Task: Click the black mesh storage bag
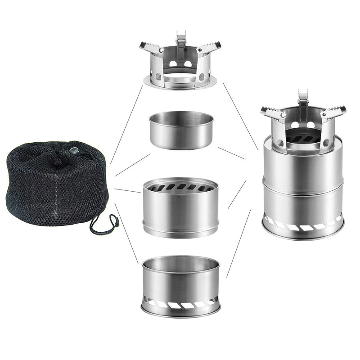point(54,184)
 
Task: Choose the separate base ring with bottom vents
point(180,286)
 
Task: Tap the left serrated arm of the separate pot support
point(150,47)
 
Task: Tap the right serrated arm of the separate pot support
point(210,47)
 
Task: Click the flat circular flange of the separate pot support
point(180,83)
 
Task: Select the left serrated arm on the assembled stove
point(274,113)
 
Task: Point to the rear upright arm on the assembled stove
point(303,99)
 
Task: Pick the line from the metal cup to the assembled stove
point(231,153)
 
